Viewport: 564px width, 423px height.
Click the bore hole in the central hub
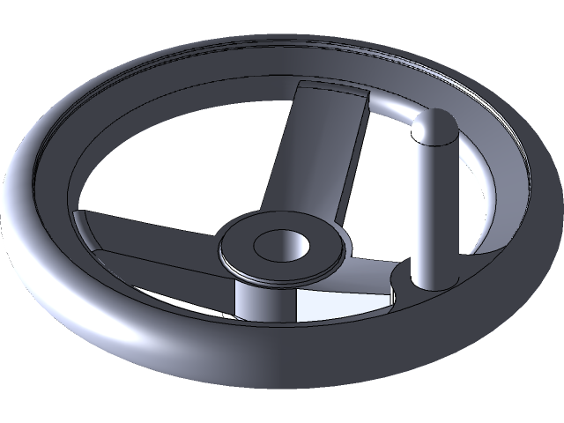(279, 245)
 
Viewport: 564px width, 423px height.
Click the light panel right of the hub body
(330, 304)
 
